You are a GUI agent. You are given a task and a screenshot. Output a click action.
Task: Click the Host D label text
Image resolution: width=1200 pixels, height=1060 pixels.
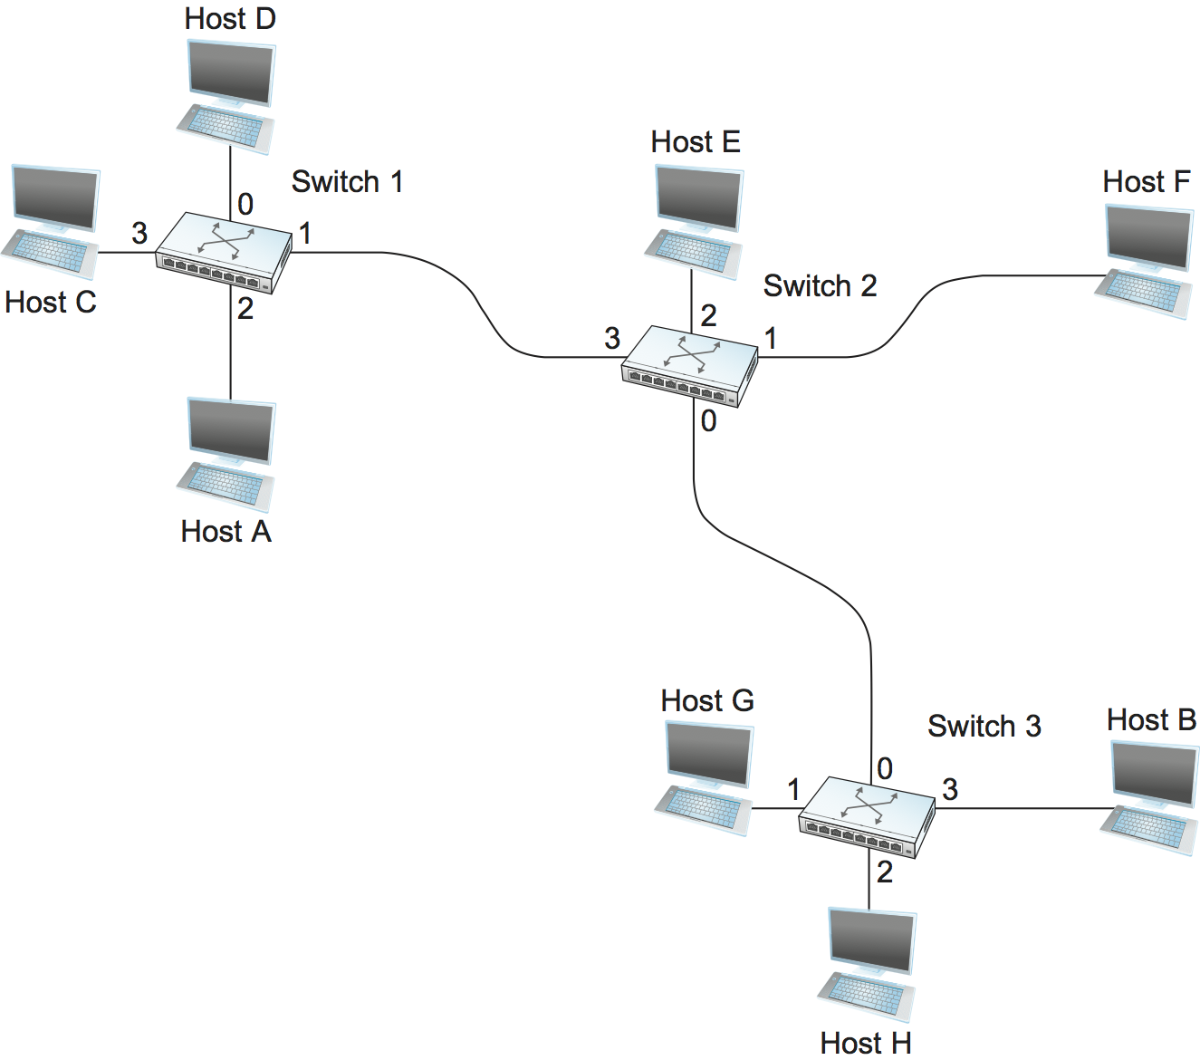point(230,19)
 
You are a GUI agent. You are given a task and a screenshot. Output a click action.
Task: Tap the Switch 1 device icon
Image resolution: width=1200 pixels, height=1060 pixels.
point(224,253)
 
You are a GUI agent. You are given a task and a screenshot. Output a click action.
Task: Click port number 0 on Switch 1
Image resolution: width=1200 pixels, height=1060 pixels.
point(245,205)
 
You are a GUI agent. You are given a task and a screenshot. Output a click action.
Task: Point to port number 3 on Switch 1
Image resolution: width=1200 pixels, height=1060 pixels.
point(139,234)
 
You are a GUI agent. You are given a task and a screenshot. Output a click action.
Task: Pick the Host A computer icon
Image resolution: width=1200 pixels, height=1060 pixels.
point(227,454)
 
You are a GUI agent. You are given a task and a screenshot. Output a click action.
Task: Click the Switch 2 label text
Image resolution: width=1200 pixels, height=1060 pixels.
point(820,286)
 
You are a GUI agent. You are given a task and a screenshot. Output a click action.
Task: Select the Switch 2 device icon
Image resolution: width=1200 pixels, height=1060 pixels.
point(690,366)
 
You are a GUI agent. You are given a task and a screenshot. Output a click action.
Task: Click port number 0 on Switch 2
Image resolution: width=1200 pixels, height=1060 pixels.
point(708,421)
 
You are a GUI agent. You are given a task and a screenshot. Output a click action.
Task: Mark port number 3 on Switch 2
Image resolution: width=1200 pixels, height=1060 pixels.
point(612,339)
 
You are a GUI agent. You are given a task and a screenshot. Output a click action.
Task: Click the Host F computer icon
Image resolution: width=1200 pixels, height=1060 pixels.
point(1145,261)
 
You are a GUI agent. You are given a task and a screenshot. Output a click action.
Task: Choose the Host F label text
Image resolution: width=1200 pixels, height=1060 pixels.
point(1146,182)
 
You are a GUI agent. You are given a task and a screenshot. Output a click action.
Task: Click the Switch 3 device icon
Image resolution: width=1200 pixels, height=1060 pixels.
point(867,817)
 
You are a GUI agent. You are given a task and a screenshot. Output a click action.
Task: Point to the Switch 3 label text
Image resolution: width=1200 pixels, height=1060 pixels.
point(984,727)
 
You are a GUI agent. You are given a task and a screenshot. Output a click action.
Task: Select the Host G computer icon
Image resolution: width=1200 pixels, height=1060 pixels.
point(706,777)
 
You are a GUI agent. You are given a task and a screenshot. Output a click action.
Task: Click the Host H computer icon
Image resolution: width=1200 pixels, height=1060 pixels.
point(869,965)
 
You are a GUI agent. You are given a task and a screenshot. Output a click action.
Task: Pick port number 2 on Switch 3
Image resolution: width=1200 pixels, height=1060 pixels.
point(885,872)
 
